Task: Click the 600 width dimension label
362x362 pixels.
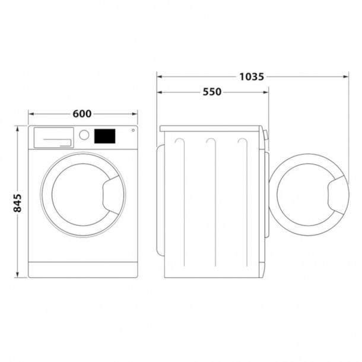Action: pyautogui.click(x=82, y=115)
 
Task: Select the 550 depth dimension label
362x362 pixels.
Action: pyautogui.click(x=212, y=92)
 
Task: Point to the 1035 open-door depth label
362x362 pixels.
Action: pyautogui.click(x=252, y=76)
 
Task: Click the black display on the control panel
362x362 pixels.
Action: pyautogui.click(x=105, y=136)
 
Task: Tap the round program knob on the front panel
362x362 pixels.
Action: pyautogui.click(x=84, y=135)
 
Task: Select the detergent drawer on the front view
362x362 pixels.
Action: pyautogui.click(x=53, y=136)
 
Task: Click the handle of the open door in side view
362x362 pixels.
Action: pyautogui.click(x=336, y=193)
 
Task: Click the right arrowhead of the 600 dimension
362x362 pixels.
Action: pyautogui.click(x=135, y=115)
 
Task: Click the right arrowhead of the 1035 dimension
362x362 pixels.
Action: pyautogui.click(x=346, y=76)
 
